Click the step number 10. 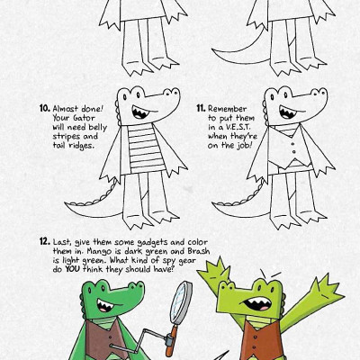45,108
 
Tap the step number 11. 201,108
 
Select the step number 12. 45,241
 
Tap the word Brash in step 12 199,251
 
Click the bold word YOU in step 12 72,269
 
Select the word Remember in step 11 228,109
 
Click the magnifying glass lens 181,302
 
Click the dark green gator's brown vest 103,338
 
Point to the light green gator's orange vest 262,340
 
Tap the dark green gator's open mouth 105,305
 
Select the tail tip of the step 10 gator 65,203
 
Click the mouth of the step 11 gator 287,112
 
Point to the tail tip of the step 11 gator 213,203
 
